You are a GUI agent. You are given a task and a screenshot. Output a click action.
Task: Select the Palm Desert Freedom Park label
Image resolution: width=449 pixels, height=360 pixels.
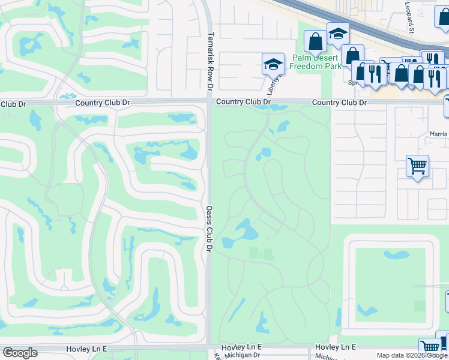pyautogui.click(x=316, y=61)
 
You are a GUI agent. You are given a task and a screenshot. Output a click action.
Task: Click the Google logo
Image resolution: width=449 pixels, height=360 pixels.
pyautogui.click(x=20, y=353)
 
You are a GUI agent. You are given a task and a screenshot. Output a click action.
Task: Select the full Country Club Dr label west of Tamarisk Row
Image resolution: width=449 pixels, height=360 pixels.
pyautogui.click(x=103, y=103)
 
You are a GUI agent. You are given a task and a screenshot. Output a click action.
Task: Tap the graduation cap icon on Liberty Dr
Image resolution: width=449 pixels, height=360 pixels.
pyautogui.click(x=273, y=63)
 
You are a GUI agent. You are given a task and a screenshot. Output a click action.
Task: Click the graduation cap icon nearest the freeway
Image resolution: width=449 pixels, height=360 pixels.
pyautogui.click(x=338, y=34)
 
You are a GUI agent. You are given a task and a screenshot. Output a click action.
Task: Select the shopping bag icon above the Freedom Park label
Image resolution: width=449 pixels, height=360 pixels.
pyautogui.click(x=315, y=41)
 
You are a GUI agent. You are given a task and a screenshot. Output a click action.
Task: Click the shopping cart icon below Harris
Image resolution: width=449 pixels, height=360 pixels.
pyautogui.click(x=417, y=166)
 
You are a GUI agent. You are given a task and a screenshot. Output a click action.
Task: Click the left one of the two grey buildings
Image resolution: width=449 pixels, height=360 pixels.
pyautogui.click(x=254, y=254)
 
